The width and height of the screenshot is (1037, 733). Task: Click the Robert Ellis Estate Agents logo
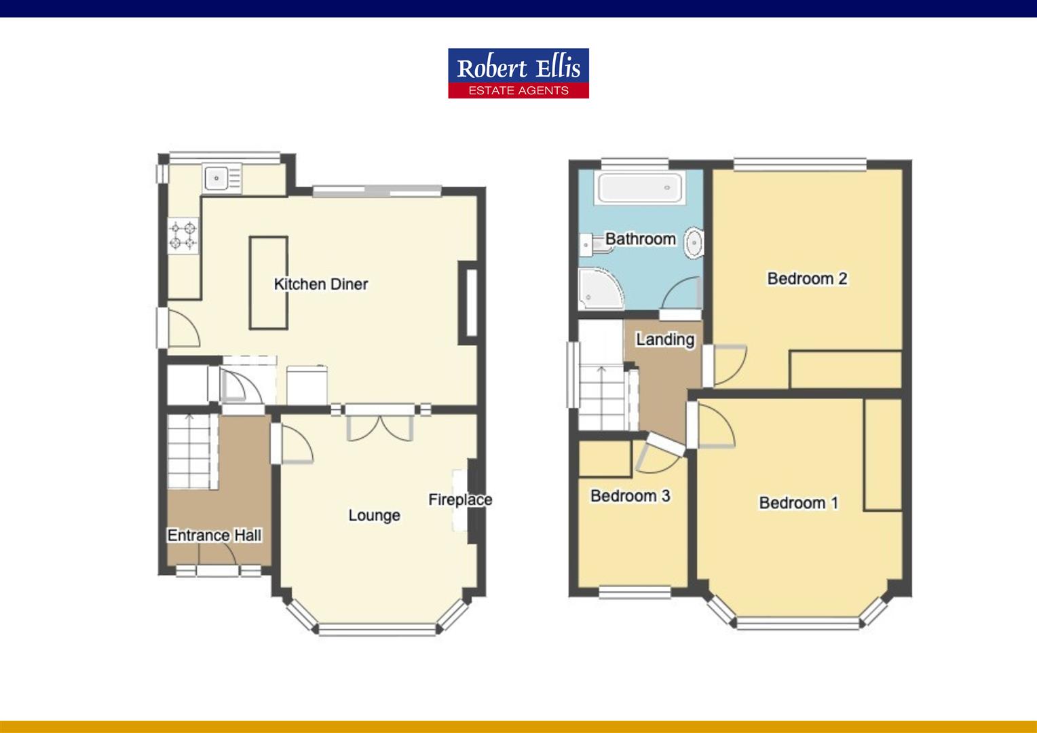518,73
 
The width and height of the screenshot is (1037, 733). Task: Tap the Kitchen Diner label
321,284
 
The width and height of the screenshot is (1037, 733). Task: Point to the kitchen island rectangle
269,282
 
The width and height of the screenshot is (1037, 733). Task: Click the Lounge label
374,515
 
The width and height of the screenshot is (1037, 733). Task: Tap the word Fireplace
460,500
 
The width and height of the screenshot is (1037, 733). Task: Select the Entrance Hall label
214,535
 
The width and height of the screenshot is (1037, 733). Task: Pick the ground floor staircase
191,451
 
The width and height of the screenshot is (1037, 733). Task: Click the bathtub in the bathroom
640,187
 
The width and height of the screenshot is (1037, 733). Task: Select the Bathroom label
640,239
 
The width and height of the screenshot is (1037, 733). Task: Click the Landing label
665,339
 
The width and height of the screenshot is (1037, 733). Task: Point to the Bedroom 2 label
807,278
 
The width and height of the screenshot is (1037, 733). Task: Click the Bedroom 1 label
799,503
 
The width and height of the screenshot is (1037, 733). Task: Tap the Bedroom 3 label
630,495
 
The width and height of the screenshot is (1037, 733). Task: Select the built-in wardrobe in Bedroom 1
883,454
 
